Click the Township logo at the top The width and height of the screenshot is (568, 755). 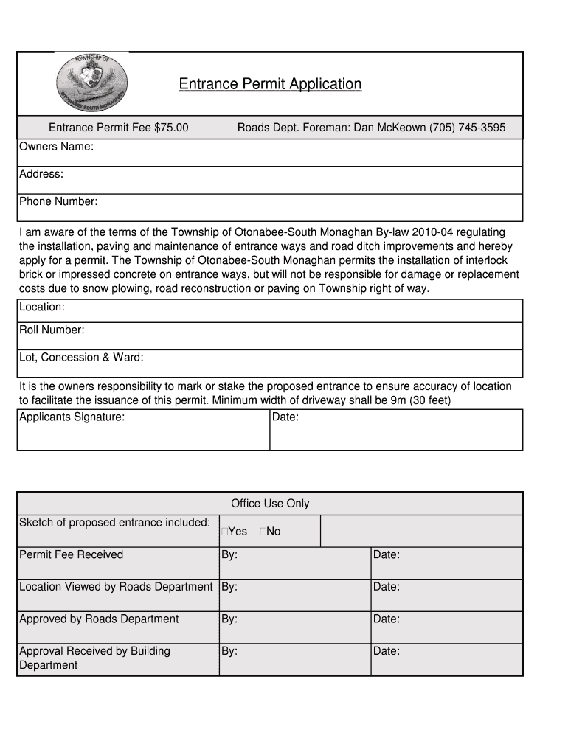click(92, 83)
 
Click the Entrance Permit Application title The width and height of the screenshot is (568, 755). click(270, 84)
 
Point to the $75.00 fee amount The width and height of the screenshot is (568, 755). click(171, 128)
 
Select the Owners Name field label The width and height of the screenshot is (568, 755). click(56, 147)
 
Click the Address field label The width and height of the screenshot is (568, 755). click(41, 174)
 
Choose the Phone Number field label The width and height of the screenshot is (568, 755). click(58, 201)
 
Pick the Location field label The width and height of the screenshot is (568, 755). click(42, 306)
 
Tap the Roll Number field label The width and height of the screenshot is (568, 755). click(52, 330)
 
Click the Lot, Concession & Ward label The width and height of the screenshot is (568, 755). click(81, 357)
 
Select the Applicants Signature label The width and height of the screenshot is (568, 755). click(72, 417)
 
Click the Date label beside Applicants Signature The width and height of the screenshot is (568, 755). click(285, 417)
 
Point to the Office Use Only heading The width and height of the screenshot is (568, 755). click(270, 504)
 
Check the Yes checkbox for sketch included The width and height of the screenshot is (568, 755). click(224, 532)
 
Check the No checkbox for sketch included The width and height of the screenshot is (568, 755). click(263, 532)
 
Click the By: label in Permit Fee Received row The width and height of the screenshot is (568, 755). click(229, 554)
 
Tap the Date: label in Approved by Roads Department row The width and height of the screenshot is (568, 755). click(386, 619)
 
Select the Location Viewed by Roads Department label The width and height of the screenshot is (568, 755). click(116, 587)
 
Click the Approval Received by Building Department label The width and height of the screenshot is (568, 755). click(94, 658)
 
